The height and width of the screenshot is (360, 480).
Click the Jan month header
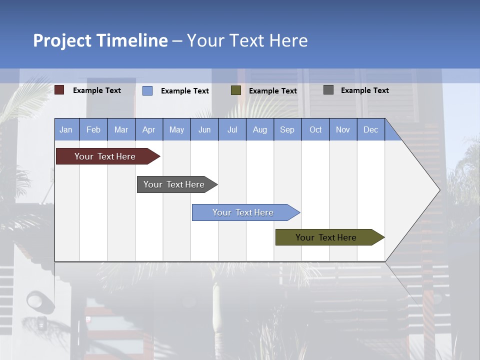[66, 129]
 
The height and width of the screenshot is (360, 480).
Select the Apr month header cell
[149, 129]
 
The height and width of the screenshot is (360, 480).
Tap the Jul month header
[232, 129]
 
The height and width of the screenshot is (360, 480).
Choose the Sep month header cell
[287, 129]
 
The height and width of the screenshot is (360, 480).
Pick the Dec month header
[370, 129]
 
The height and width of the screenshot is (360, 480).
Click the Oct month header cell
[315, 129]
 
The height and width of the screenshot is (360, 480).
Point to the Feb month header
[93, 129]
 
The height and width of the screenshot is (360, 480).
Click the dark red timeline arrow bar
[105, 156]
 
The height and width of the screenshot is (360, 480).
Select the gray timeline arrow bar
[174, 184]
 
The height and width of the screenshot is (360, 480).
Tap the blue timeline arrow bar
[243, 212]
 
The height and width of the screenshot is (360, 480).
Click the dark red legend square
[59, 90]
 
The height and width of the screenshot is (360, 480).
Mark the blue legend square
[147, 90]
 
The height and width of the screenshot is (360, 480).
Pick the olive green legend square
[236, 90]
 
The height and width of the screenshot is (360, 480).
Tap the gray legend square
[328, 90]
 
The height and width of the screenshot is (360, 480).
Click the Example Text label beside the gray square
[364, 90]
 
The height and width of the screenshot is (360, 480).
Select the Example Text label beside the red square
[97, 90]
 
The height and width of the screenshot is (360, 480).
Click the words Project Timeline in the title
[100, 40]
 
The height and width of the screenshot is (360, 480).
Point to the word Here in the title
[288, 40]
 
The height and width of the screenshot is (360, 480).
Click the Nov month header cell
[343, 129]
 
